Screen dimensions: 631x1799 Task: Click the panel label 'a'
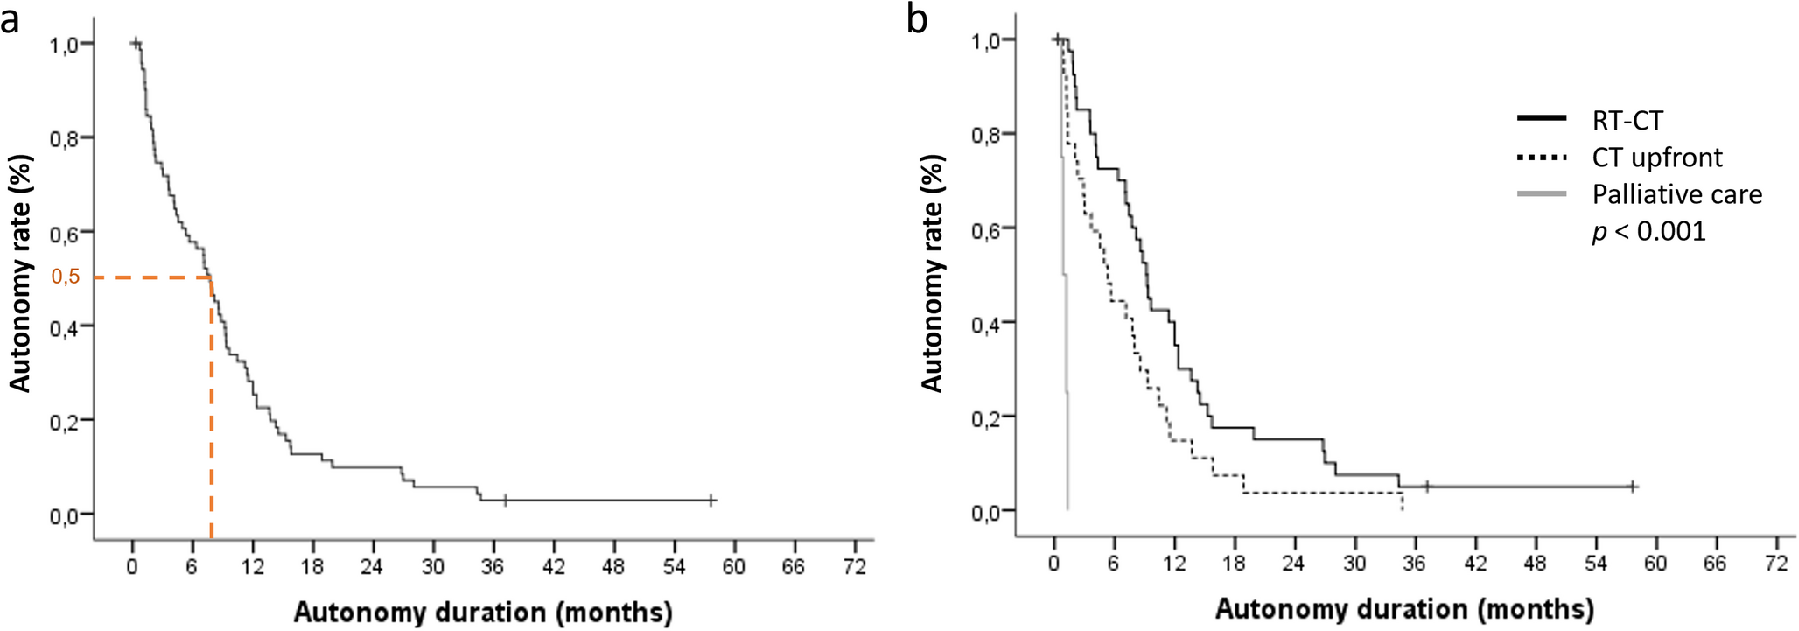click(x=10, y=19)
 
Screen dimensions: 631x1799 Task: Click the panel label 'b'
click(x=917, y=19)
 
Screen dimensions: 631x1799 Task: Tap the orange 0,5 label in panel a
click(x=66, y=277)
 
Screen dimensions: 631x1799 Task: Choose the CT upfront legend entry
click(x=1656, y=158)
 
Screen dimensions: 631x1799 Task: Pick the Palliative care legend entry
click(x=1676, y=194)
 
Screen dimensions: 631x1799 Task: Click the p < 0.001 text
click(x=1648, y=232)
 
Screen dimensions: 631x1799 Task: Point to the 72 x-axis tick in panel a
click(x=854, y=567)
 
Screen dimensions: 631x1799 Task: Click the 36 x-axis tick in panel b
click(x=1414, y=564)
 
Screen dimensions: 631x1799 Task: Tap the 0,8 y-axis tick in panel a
click(x=66, y=138)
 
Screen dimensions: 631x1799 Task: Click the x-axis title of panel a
click(x=482, y=612)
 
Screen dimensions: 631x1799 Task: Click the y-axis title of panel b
click(x=932, y=273)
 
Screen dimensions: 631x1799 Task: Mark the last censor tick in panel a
click(x=711, y=501)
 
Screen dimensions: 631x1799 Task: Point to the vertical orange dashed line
click(x=211, y=411)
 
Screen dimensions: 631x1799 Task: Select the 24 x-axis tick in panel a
click(x=372, y=567)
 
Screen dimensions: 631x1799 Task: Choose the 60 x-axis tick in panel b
click(x=1655, y=564)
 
